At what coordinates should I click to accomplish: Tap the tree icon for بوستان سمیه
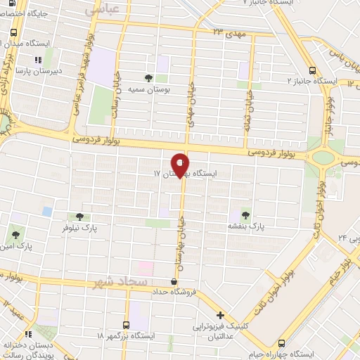pos(148,78)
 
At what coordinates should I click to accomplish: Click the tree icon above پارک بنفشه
pos(245,214)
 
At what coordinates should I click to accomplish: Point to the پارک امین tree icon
pos(15,233)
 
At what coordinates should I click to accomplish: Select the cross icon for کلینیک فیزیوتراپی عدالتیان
pos(220,315)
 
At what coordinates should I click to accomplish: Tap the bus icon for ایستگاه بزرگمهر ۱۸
pos(126,325)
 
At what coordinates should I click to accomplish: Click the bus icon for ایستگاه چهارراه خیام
pos(282,343)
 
